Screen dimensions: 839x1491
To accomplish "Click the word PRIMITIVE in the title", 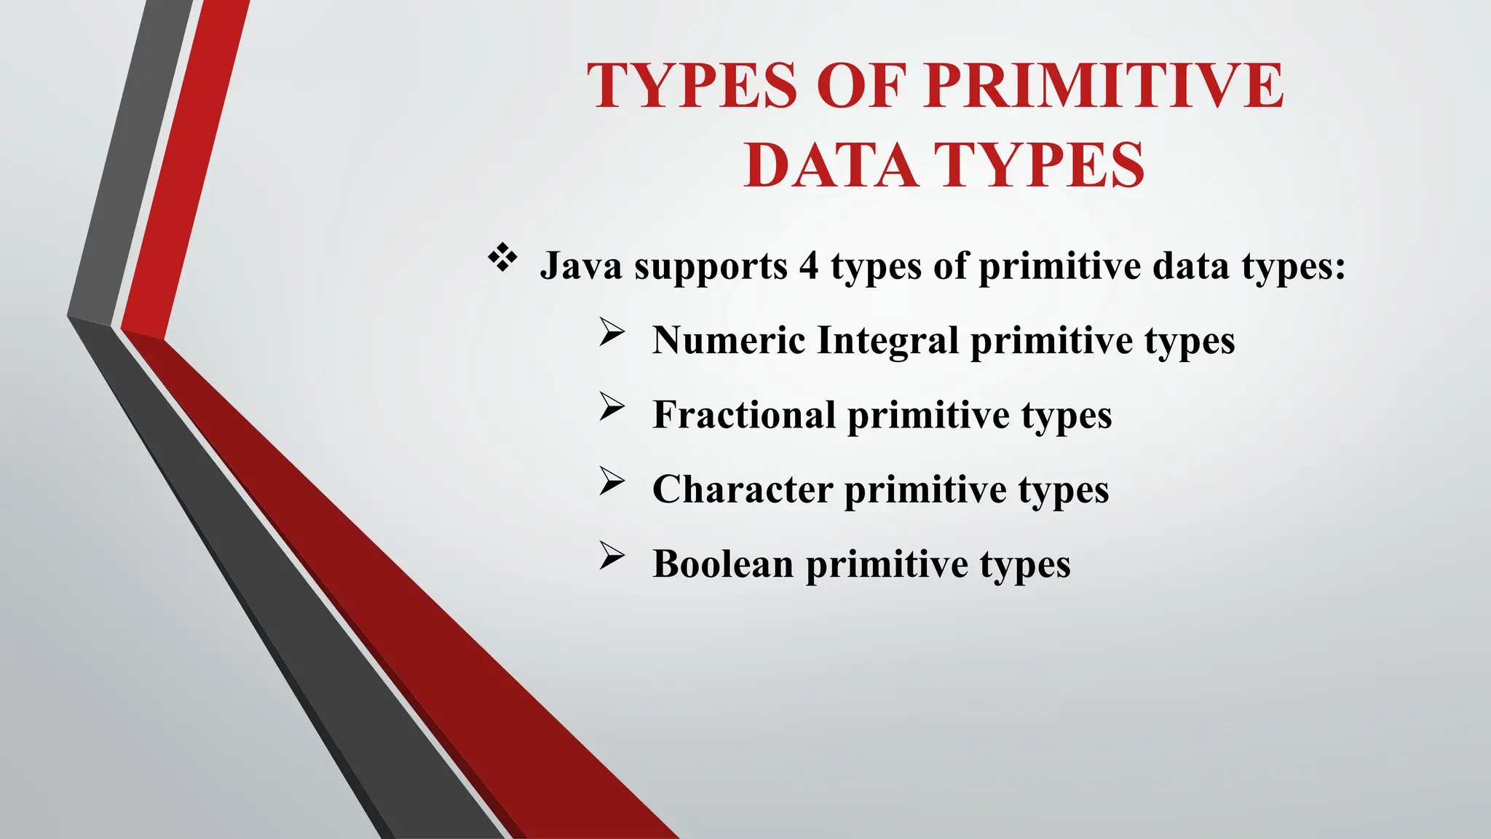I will pyautogui.click(x=1104, y=86).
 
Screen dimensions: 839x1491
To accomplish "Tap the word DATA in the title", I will pyautogui.click(x=830, y=165).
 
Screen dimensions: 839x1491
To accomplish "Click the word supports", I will pyautogui.click(x=711, y=267).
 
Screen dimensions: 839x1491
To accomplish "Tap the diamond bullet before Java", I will pyautogui.click(x=502, y=259).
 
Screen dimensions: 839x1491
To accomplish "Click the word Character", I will pyautogui.click(x=743, y=489).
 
